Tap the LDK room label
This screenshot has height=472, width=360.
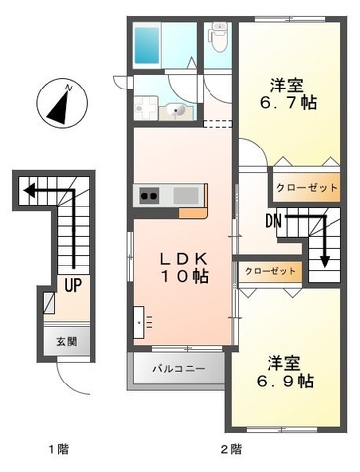point(184,258)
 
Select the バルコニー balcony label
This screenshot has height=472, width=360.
point(178,371)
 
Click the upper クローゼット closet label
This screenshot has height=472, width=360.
point(307,187)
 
